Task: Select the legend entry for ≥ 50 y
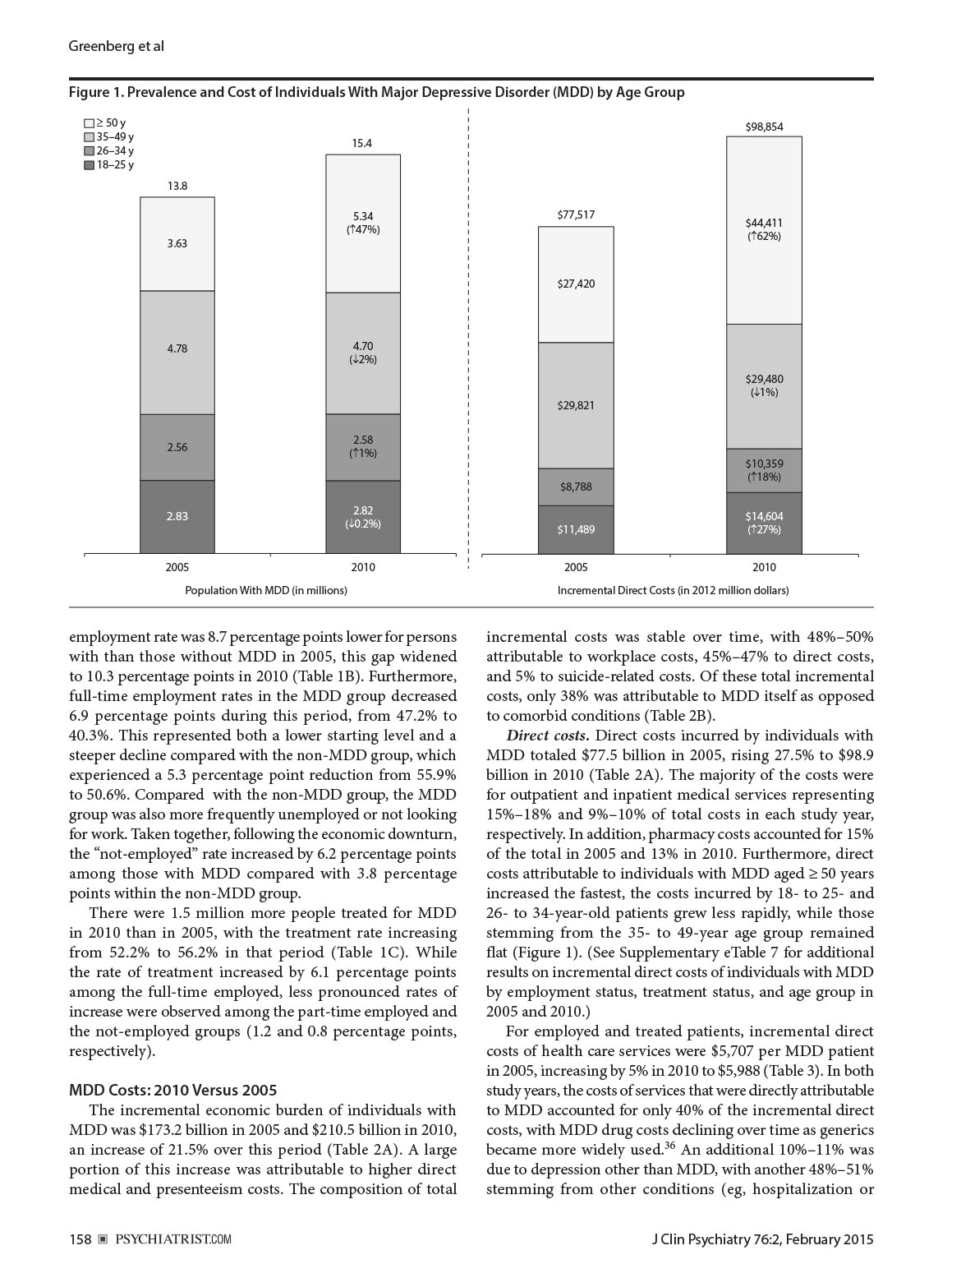click(x=105, y=122)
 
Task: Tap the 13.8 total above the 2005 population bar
click(x=177, y=187)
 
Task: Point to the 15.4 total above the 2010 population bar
click(x=362, y=143)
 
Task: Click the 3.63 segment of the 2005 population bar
click(x=177, y=244)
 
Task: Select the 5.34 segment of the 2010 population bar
click(x=362, y=224)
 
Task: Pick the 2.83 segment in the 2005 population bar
click(x=177, y=516)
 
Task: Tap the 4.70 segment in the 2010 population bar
click(x=362, y=353)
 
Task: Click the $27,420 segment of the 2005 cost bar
click(x=577, y=284)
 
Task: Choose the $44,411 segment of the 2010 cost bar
click(x=764, y=229)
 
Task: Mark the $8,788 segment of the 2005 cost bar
click(x=577, y=487)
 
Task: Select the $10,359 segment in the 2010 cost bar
click(x=764, y=471)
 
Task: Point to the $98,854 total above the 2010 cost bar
click(x=764, y=127)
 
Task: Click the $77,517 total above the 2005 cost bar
click(x=577, y=215)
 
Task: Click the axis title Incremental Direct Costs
click(x=673, y=590)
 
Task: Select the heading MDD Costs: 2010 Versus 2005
click(x=172, y=1091)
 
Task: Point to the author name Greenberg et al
click(x=116, y=46)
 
